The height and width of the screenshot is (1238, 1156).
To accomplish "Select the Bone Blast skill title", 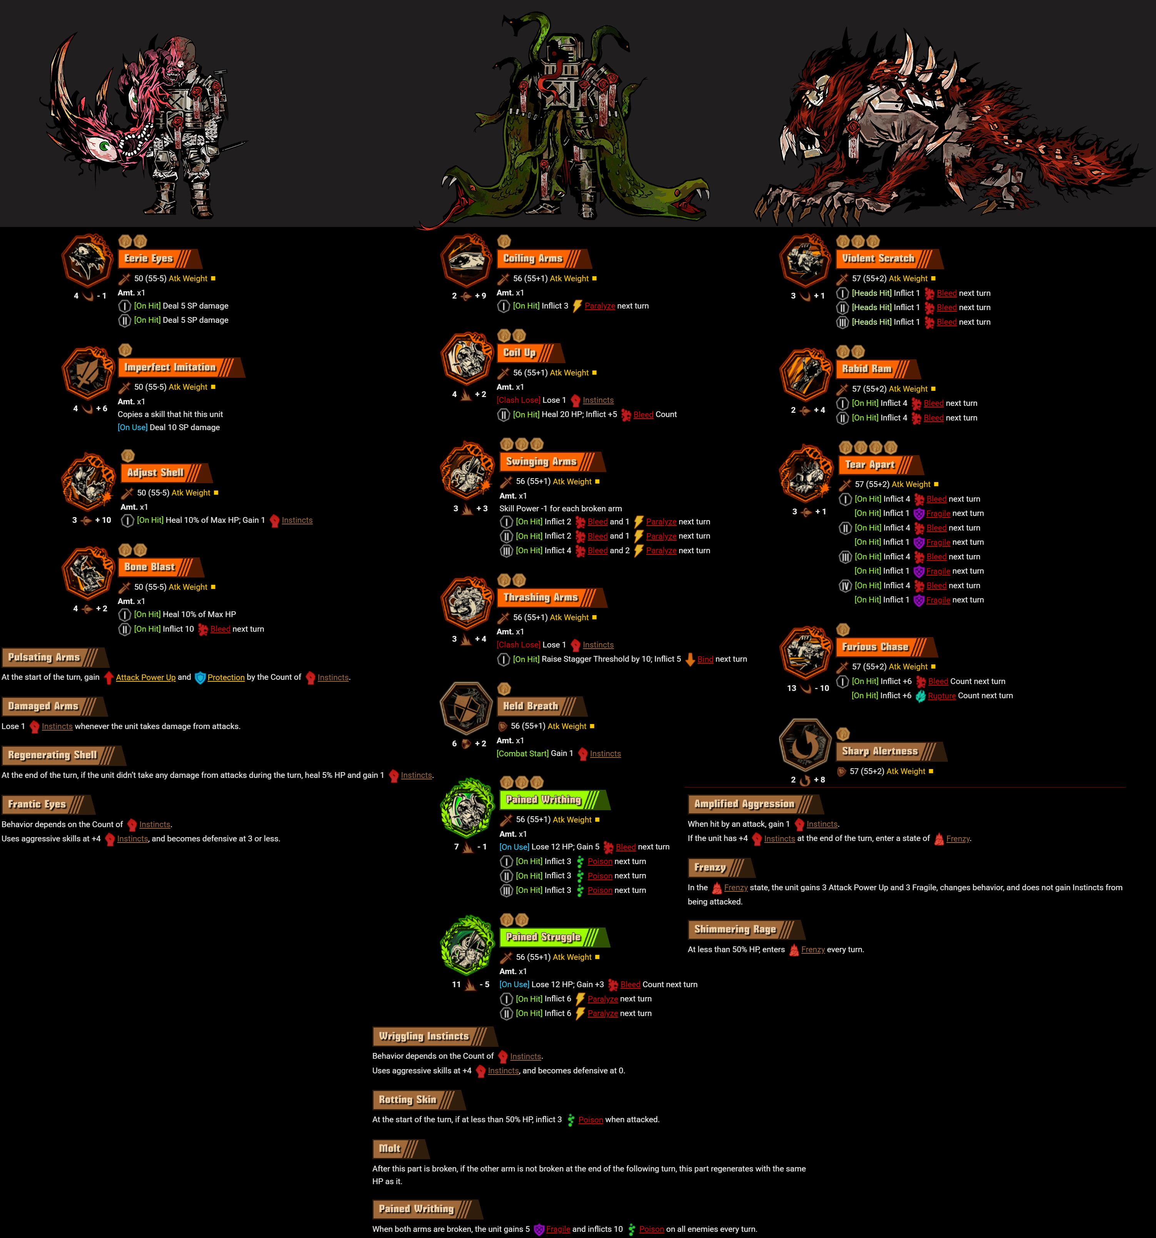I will tap(150, 567).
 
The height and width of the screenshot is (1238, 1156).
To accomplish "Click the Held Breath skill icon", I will tap(467, 708).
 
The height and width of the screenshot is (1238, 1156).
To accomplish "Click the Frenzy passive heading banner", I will tap(711, 867).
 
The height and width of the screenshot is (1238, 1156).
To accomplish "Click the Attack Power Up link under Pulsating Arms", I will tap(146, 677).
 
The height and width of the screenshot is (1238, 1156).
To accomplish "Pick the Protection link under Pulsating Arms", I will tap(226, 677).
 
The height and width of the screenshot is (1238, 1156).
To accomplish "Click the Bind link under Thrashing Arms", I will tap(705, 659).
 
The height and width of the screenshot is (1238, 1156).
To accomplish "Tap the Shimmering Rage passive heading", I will tap(736, 929).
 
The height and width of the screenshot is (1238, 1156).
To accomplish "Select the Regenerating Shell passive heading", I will tap(53, 755).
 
